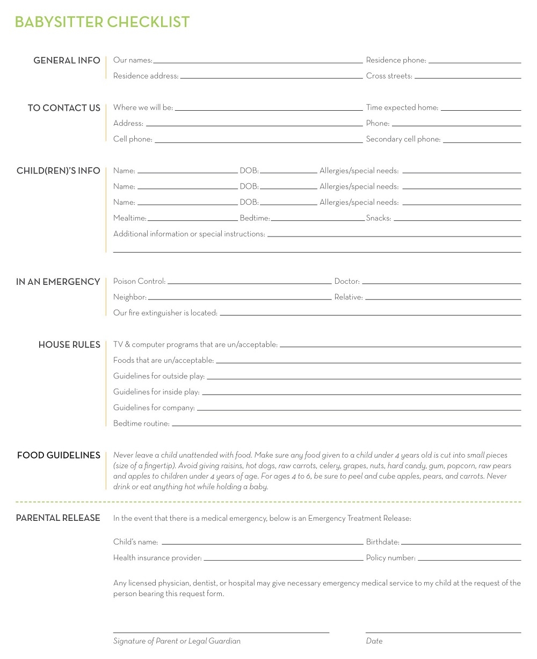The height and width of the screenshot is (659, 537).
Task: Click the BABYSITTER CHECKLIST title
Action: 102,22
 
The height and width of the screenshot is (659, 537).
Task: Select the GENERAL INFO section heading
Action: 67,60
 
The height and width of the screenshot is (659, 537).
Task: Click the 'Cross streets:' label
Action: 389,76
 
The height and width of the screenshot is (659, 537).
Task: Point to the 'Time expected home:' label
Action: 402,108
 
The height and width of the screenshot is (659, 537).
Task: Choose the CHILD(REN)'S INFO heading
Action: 58,170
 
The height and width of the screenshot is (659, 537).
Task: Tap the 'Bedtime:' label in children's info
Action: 255,218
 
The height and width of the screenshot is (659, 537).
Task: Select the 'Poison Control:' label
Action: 139,281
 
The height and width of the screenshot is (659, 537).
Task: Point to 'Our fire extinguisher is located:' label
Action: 165,313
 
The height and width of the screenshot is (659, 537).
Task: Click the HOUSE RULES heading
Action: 69,345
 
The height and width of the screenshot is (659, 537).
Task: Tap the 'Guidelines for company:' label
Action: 154,408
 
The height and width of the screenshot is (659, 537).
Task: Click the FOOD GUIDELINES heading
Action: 59,455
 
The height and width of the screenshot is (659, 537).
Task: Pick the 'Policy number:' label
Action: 390,558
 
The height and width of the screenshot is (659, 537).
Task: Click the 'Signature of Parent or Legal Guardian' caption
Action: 177,641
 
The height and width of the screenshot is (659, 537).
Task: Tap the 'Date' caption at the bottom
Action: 374,641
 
